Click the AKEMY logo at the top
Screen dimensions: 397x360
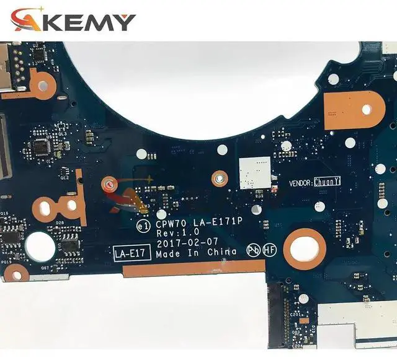pyautogui.click(x=73, y=20)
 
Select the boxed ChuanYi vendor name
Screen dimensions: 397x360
pyautogui.click(x=328, y=182)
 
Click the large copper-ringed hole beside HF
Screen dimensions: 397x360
pyautogui.click(x=305, y=248)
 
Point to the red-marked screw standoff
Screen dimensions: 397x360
pyautogui.click(x=107, y=183)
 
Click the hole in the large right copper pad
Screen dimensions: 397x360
pyautogui.click(x=367, y=109)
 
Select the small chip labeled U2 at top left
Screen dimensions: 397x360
pyautogui.click(x=38, y=55)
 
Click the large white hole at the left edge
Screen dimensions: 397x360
pyautogui.click(x=40, y=247)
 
